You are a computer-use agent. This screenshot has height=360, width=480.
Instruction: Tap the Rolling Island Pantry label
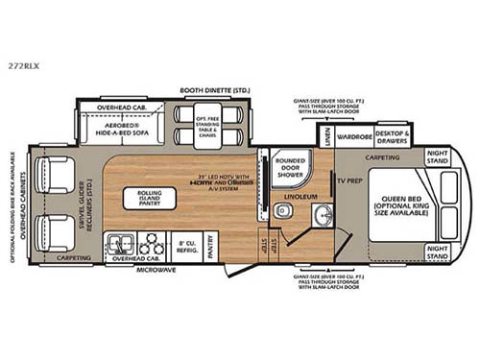(142, 198)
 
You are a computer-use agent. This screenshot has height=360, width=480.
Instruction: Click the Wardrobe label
(351, 136)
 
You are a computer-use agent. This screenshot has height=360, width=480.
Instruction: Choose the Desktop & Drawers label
(393, 135)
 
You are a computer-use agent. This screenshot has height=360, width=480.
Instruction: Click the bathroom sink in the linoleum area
(321, 211)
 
